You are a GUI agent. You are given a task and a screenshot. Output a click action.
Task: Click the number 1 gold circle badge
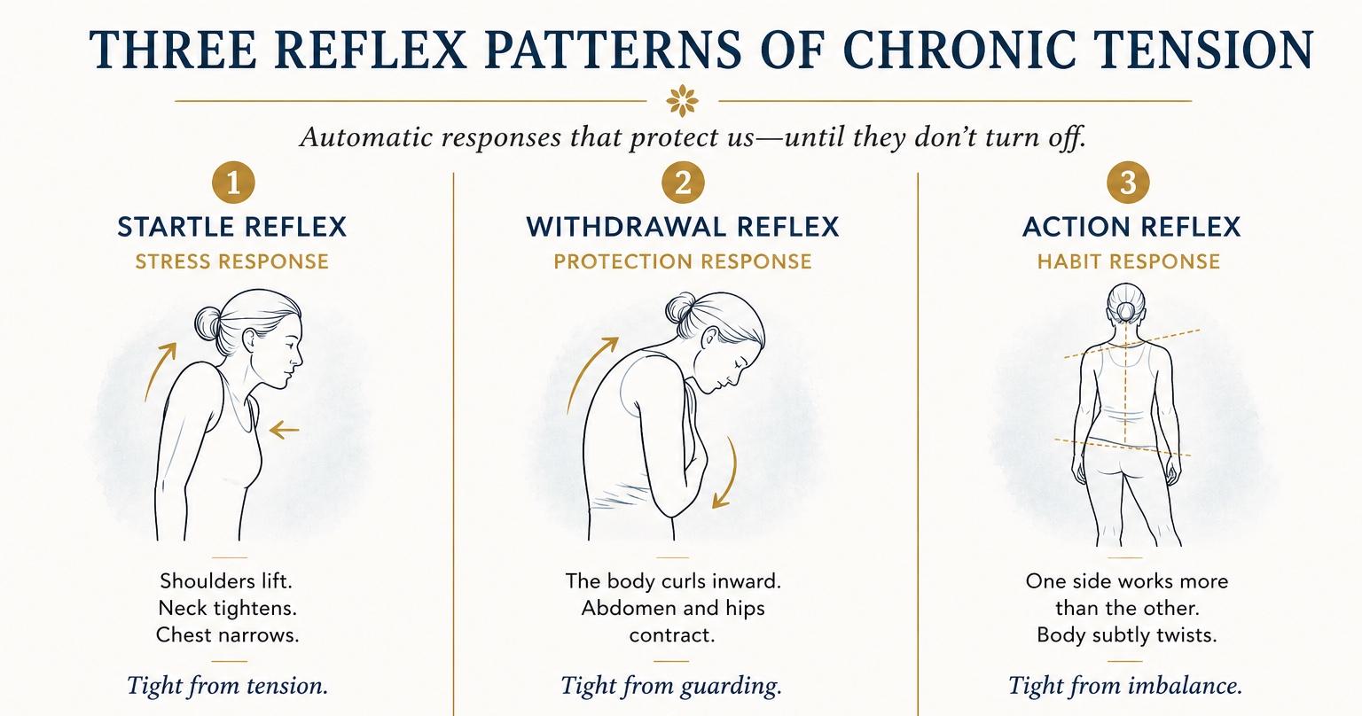tap(233, 183)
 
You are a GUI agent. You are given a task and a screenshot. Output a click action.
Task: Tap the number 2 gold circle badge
tap(683, 183)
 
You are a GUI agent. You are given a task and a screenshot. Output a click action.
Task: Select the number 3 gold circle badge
tap(1128, 183)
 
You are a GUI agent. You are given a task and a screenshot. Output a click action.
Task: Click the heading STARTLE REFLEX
tap(231, 227)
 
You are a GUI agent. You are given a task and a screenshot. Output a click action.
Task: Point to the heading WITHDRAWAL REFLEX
tap(682, 227)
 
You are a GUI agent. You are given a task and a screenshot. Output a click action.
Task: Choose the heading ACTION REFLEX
tap(1131, 227)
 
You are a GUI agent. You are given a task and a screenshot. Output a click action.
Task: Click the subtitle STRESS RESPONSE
tap(231, 261)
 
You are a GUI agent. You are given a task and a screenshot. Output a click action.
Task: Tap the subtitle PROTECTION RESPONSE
tap(682, 261)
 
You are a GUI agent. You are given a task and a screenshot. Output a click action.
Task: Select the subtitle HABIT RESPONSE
tap(1129, 261)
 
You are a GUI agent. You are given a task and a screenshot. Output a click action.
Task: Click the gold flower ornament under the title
tap(682, 100)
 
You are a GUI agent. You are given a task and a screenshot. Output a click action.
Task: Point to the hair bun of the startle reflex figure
tap(207, 324)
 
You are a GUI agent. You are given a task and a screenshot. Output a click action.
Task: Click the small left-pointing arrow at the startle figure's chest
tap(284, 431)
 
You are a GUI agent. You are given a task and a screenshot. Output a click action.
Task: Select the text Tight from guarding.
tap(670, 686)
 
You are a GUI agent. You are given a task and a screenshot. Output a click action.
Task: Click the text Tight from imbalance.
tap(1125, 686)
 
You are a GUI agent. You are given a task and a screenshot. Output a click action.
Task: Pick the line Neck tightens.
tap(227, 608)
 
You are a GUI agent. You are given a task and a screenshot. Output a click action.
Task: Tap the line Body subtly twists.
tap(1127, 635)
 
